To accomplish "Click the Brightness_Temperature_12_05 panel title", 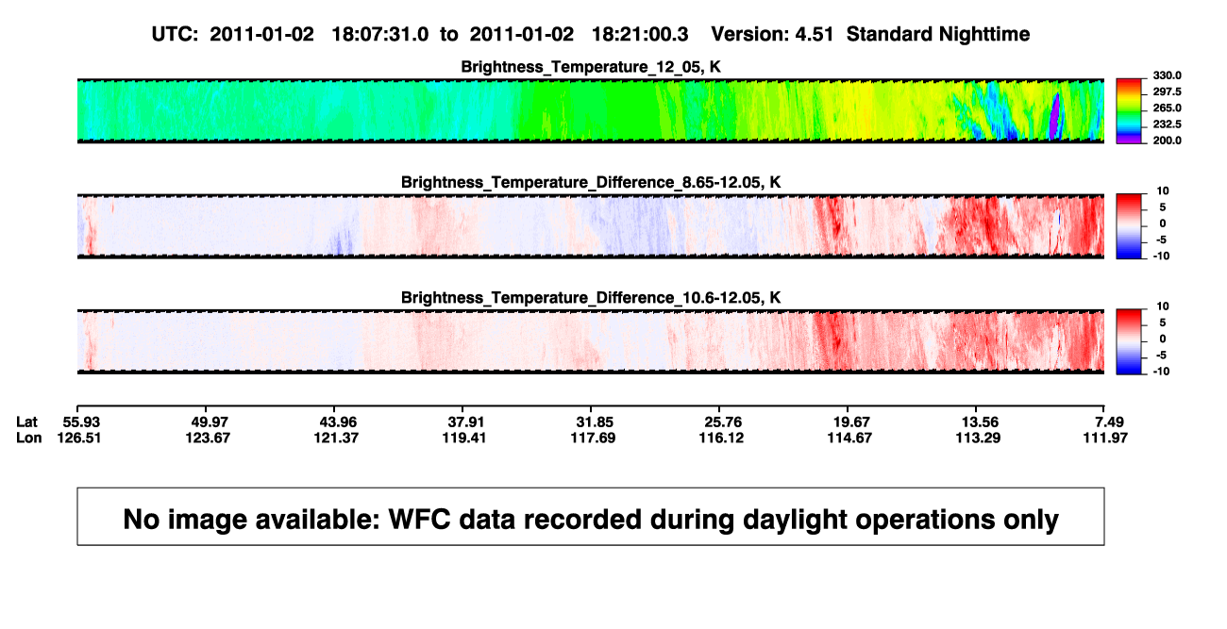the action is tap(591, 67).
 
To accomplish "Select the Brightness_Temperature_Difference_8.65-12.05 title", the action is tap(591, 182).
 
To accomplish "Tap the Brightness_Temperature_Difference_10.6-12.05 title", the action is tap(591, 298).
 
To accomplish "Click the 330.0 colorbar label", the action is tap(1167, 75).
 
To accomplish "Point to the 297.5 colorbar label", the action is tap(1167, 91).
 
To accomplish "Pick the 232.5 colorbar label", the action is tap(1167, 124).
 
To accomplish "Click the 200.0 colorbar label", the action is tap(1167, 141).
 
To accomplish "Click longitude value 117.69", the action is tap(593, 438).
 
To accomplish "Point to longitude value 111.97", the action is tap(1105, 438).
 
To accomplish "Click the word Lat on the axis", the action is tap(26, 422).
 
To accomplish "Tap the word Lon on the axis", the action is tap(28, 438).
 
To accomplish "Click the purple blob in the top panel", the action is tap(1054, 116).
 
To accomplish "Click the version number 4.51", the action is tap(814, 35).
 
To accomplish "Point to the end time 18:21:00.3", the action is tap(640, 35).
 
